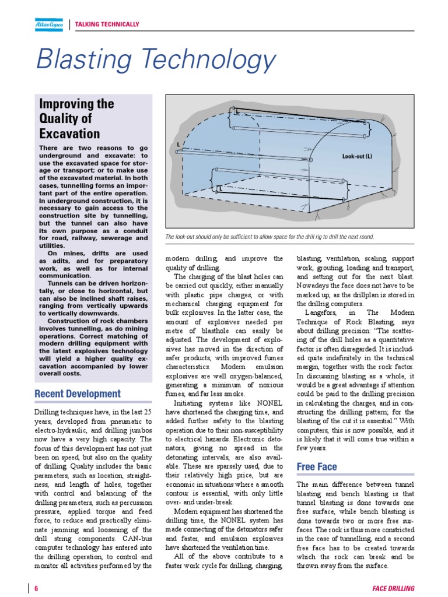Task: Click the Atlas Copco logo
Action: point(49,24)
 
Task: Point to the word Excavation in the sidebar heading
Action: point(69,134)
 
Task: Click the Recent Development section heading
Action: point(78,394)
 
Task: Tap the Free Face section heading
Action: point(316,466)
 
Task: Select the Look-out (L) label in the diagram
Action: point(360,156)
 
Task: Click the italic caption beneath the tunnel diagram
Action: point(269,237)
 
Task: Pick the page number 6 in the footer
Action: point(36,588)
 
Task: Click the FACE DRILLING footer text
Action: point(393,588)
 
